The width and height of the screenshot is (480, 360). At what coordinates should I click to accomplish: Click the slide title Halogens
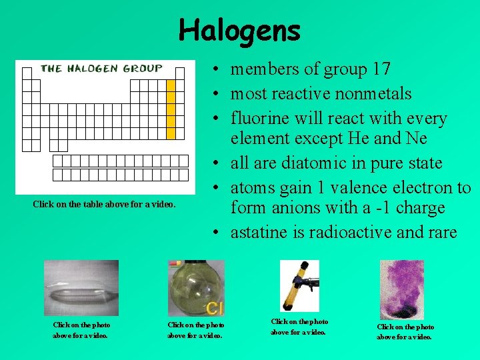(x=239, y=30)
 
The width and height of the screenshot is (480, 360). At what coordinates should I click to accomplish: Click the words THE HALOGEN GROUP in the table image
(x=101, y=68)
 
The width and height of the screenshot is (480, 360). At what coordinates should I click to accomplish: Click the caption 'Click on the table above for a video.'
(x=105, y=204)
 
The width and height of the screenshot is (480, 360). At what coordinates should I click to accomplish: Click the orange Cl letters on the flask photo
(x=215, y=309)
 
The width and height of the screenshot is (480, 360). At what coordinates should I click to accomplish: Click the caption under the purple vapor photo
(x=405, y=331)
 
